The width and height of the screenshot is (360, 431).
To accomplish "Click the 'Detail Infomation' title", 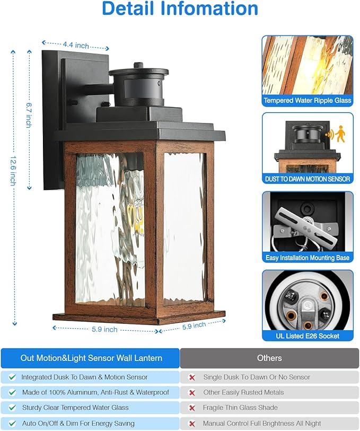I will pos(180,10).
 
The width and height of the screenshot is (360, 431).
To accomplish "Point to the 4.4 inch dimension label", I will pos(75,46).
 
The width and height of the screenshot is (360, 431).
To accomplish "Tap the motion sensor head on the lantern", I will pos(139,85).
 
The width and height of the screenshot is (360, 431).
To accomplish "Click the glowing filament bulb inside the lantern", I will pos(136,217).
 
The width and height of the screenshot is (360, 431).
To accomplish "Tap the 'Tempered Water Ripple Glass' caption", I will pos(308,101).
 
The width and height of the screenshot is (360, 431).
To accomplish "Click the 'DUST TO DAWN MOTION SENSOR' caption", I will pos(308,179).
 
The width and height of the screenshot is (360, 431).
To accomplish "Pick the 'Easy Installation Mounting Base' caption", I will pos(308,258).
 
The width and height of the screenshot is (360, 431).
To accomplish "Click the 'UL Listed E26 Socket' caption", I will pos(308,336).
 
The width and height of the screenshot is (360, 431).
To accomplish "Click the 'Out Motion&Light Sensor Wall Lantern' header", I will pos(91,358).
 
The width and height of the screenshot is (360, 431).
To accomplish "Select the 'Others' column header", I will pos(269,358).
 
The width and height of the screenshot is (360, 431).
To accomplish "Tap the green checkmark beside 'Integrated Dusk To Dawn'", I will pos(12,377).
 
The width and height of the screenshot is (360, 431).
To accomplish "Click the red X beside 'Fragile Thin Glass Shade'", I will pos(191,408).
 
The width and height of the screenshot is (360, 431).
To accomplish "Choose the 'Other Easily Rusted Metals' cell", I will pos(243,393).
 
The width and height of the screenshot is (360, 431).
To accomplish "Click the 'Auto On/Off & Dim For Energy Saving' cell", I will pos(78,424).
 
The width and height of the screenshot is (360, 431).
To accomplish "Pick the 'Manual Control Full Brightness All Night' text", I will pos(262,424).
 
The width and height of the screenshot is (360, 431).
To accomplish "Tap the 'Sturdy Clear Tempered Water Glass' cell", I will pos(75,408).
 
